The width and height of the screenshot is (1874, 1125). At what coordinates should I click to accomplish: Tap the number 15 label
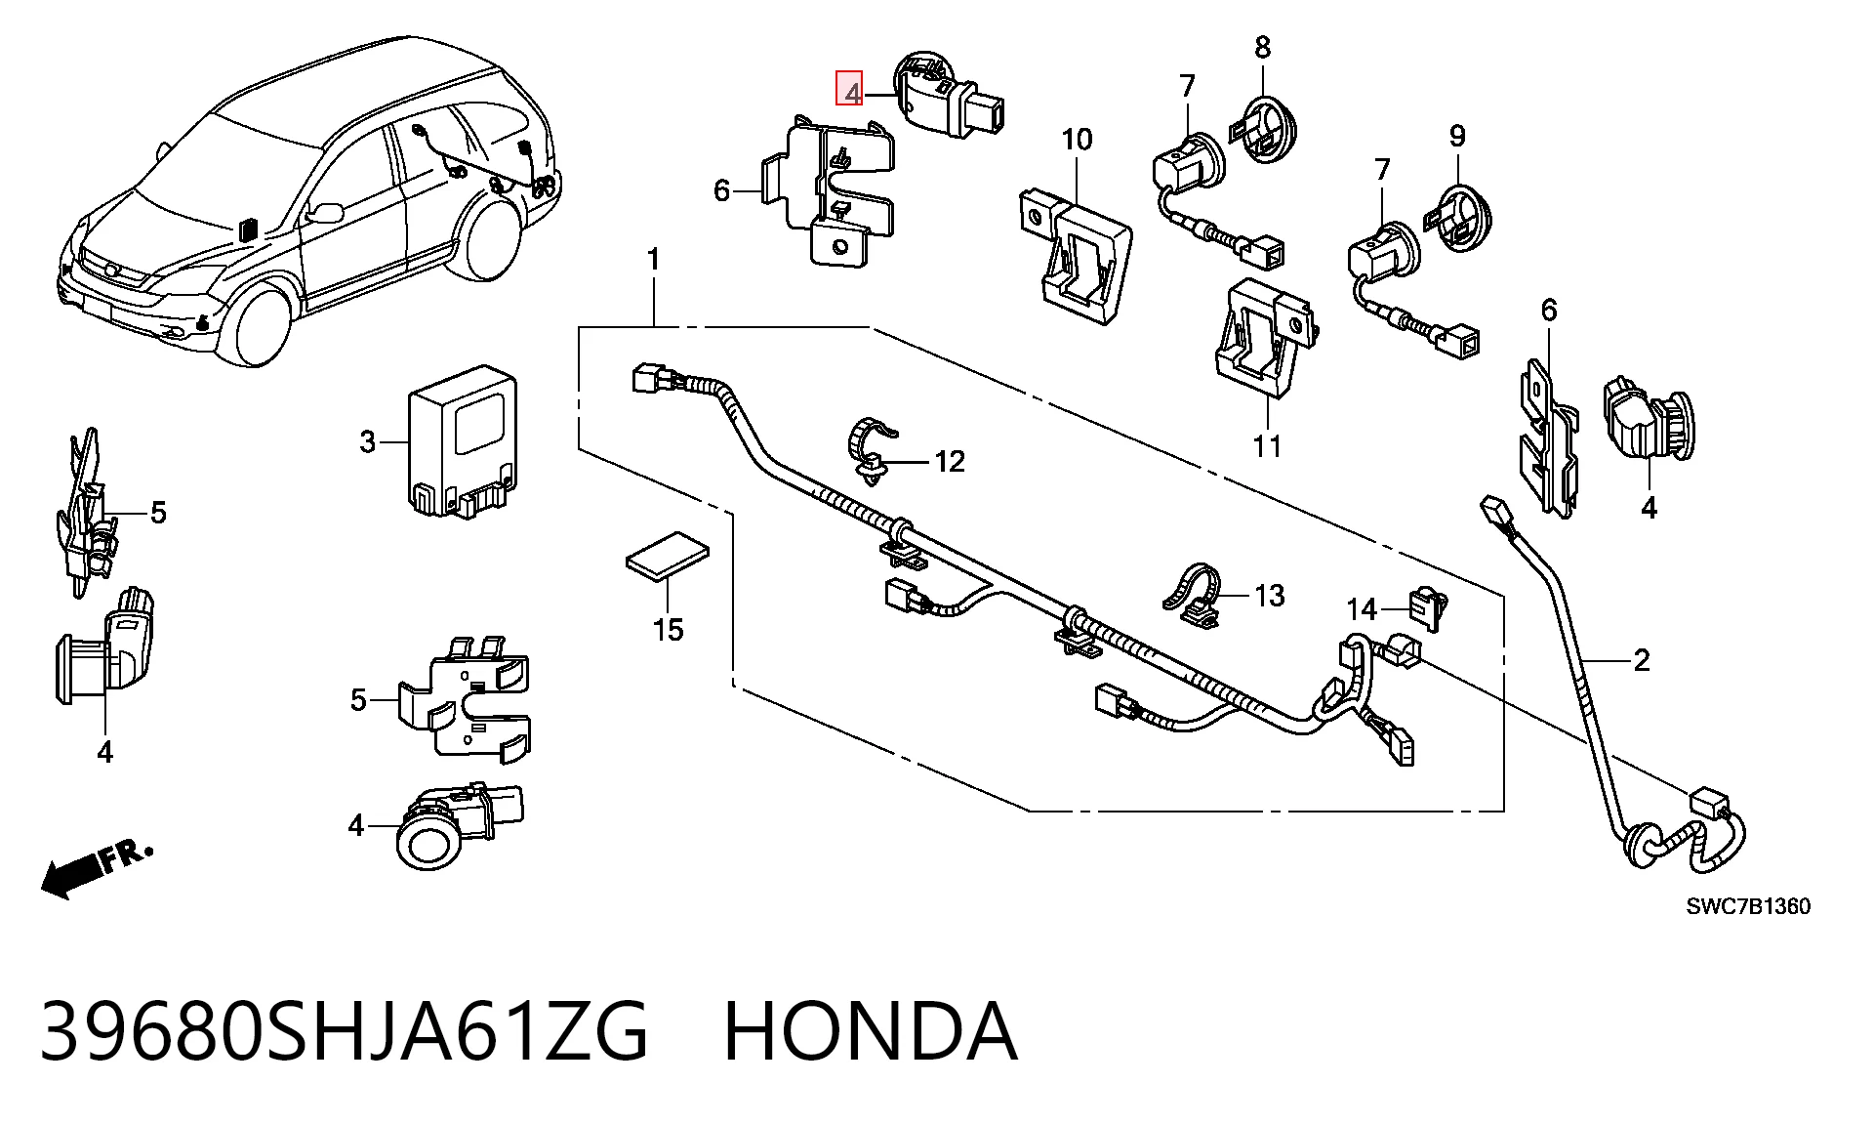click(x=669, y=630)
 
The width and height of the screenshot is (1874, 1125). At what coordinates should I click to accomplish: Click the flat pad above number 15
click(x=668, y=556)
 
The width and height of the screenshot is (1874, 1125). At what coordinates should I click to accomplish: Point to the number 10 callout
click(x=1077, y=140)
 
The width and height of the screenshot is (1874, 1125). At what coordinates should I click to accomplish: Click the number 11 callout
click(x=1267, y=446)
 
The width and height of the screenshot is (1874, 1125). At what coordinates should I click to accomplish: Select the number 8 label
click(x=1263, y=46)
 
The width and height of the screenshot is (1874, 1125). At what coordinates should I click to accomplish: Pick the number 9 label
click(x=1457, y=136)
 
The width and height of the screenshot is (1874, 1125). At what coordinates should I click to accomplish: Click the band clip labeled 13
click(x=1192, y=594)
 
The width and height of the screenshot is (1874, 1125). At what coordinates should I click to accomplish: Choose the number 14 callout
click(x=1362, y=610)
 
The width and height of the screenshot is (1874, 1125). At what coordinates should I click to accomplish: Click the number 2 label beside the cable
click(x=1642, y=661)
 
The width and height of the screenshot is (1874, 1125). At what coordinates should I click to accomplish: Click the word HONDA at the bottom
click(x=870, y=1031)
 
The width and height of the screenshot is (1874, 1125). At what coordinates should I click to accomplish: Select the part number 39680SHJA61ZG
click(x=344, y=1031)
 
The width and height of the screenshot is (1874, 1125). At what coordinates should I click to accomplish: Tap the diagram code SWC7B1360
click(x=1748, y=906)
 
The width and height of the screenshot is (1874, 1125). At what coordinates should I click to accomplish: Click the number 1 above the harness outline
click(x=653, y=260)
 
